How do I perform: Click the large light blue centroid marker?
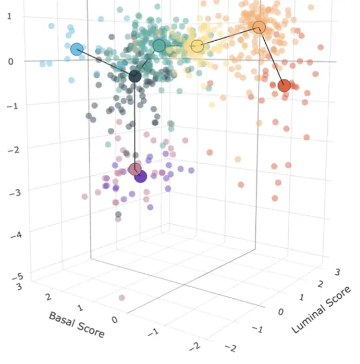click(x=77, y=49)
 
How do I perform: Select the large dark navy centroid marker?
click(x=135, y=76)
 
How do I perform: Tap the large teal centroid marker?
click(x=159, y=46)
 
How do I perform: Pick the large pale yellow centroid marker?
click(x=197, y=46)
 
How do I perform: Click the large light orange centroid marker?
click(x=259, y=27)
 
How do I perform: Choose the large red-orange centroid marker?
click(x=284, y=86)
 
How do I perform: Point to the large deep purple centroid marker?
click(x=140, y=176)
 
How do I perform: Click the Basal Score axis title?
click(x=76, y=324)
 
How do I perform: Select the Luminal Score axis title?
click(x=322, y=309)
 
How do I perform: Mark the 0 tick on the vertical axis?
click(x=11, y=61)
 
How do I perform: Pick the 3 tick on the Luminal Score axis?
click(x=337, y=272)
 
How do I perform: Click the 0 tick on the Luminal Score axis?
click(x=281, y=312)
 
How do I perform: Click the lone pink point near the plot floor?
click(x=122, y=298)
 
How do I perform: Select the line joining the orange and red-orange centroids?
click(x=271, y=56)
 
